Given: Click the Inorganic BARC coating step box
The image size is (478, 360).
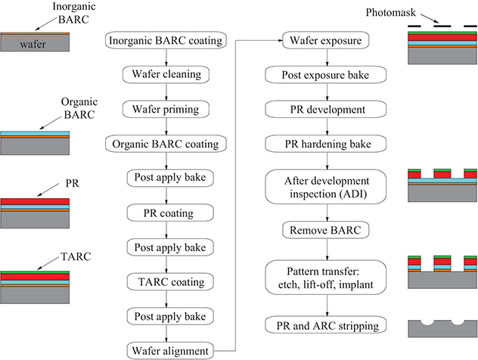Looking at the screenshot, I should click(x=166, y=40).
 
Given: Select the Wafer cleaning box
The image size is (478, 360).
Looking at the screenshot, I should click(x=166, y=74).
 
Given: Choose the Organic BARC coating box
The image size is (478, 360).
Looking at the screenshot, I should click(x=166, y=143).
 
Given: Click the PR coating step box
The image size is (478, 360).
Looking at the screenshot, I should click(x=166, y=212).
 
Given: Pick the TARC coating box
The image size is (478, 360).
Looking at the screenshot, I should click(x=166, y=281).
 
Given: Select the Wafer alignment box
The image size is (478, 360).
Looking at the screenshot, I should click(x=166, y=350).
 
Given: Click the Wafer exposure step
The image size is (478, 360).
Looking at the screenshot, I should click(x=327, y=40).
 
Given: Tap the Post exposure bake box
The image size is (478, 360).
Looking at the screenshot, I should click(x=327, y=74).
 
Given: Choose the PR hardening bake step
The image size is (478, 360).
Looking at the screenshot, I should click(x=327, y=143).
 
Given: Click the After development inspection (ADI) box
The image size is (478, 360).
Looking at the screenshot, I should click(x=327, y=186).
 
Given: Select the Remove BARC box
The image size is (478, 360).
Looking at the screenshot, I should click(x=327, y=228).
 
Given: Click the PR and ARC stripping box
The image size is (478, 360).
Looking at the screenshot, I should click(x=327, y=326).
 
